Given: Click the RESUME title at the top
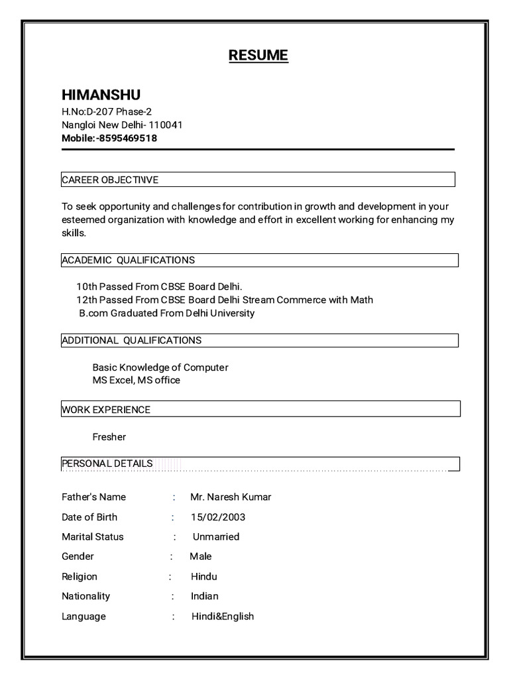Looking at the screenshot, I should point(258,55).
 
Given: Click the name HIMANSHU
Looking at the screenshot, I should point(101,94).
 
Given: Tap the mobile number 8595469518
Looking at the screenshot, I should point(128,139).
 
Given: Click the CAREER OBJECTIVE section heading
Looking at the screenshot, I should point(110,180).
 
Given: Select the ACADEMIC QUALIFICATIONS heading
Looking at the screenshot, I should point(129,260).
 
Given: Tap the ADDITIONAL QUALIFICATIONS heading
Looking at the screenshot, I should point(132,340).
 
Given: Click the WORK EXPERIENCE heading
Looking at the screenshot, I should point(106,410).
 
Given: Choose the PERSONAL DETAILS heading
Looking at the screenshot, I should point(107,463).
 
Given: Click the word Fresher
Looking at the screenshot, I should point(109,437).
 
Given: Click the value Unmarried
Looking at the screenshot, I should point(216,536).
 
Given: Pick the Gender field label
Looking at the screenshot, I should point(78,556).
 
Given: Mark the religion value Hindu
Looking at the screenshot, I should point(204,577).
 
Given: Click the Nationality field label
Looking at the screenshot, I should point(86,596).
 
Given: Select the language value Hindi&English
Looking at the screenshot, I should point(223,617).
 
